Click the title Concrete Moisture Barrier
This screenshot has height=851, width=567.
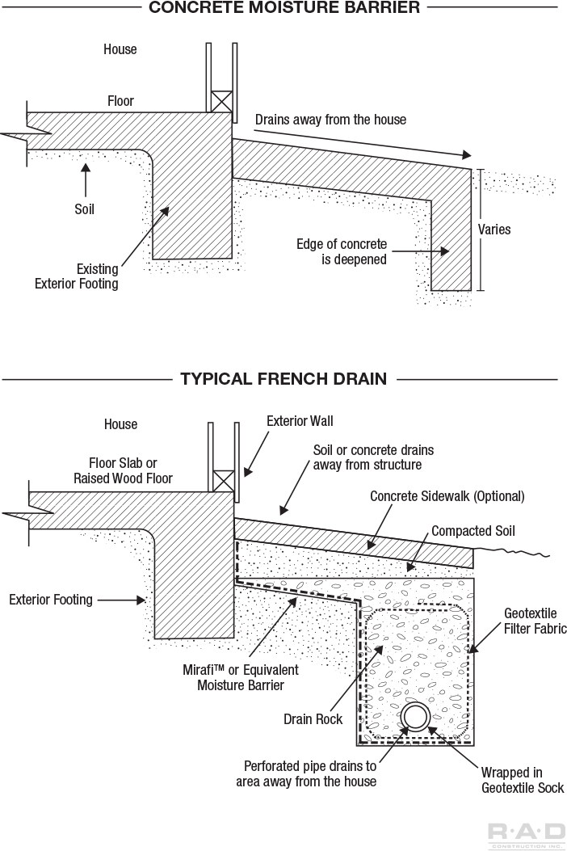pyautogui.click(x=283, y=8)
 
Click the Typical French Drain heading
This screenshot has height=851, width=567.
pyautogui.click(x=283, y=378)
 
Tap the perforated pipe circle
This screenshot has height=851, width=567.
pyautogui.click(x=416, y=717)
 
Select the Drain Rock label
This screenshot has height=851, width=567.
pyautogui.click(x=313, y=719)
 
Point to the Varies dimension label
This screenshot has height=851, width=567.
pyautogui.click(x=494, y=230)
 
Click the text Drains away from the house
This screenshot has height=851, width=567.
pyautogui.click(x=330, y=120)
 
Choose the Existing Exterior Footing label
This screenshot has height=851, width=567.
pyautogui.click(x=76, y=276)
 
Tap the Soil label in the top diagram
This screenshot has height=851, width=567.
pyautogui.click(x=84, y=209)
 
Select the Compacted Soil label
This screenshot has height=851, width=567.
pyautogui.click(x=473, y=531)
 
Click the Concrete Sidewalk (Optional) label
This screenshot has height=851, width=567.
pyautogui.click(x=447, y=496)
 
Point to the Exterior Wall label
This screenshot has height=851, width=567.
pyautogui.click(x=300, y=421)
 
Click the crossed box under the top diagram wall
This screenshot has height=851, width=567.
pyautogui.click(x=220, y=102)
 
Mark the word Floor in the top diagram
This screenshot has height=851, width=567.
pyautogui.click(x=120, y=102)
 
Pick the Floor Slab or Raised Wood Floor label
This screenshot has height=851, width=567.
pyautogui.click(x=124, y=470)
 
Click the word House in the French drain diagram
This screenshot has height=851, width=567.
pyautogui.click(x=120, y=424)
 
